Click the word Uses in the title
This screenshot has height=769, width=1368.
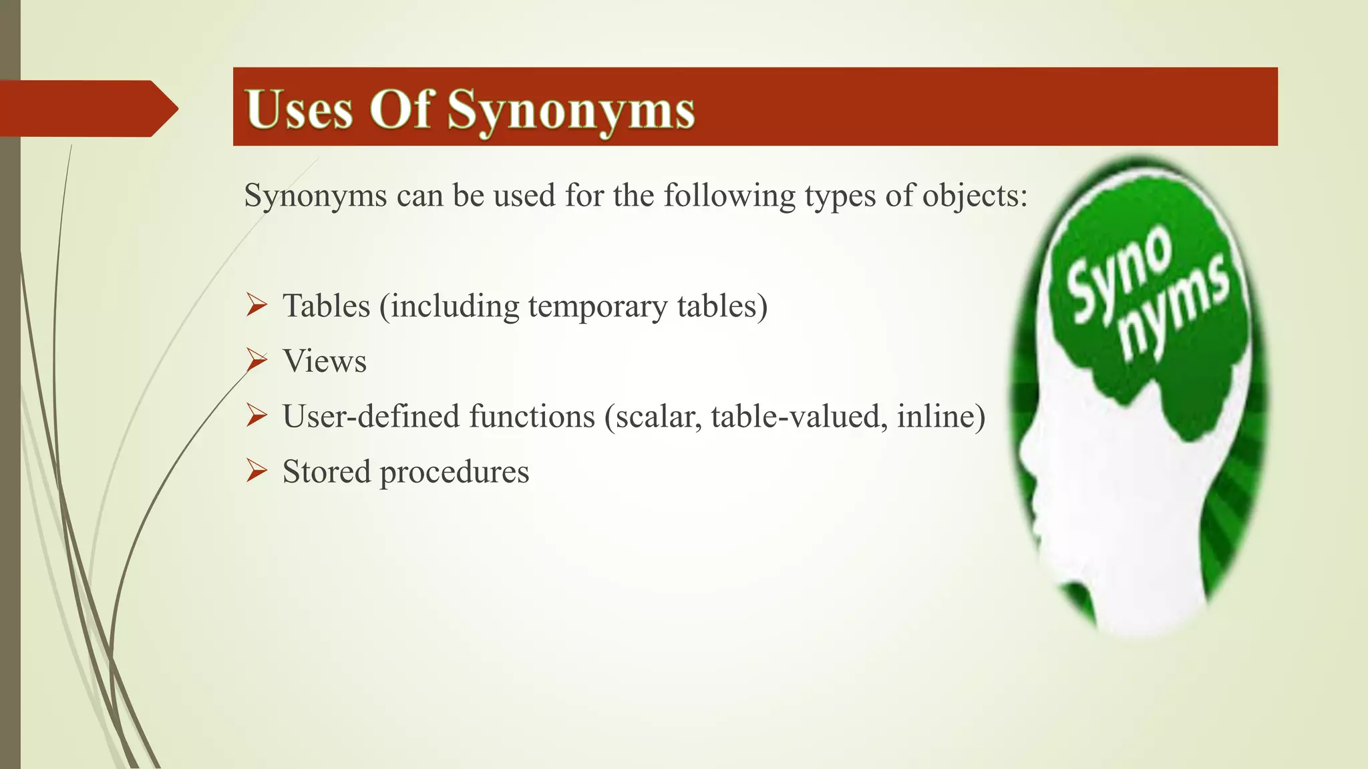tap(299, 109)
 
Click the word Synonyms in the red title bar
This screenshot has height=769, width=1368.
tap(571, 110)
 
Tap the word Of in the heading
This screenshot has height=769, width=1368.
tap(399, 109)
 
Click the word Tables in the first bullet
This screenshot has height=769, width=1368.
tap(326, 306)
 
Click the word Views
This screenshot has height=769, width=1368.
tap(325, 362)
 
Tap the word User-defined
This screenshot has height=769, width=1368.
tap(371, 417)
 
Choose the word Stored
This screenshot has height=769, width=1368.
tap(326, 472)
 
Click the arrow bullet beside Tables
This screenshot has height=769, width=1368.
tap(256, 306)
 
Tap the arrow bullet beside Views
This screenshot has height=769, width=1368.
tap(256, 360)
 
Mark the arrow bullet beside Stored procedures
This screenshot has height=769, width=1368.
tap(256, 471)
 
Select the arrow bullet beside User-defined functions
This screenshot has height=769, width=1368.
tap(256, 416)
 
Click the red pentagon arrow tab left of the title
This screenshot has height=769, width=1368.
tap(87, 108)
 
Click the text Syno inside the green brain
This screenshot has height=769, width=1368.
tap(1119, 274)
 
